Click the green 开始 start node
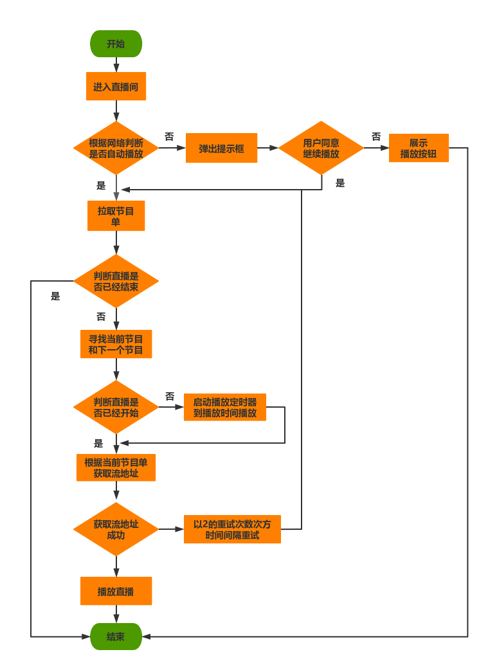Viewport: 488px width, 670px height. [x=116, y=44]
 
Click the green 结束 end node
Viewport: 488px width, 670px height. [x=116, y=637]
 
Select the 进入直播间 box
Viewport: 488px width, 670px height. [x=116, y=87]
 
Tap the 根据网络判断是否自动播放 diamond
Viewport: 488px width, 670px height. [x=116, y=149]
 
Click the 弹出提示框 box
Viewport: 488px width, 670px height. [x=222, y=149]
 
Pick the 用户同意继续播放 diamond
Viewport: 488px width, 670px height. [x=321, y=149]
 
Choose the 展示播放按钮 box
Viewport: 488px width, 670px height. [x=419, y=149]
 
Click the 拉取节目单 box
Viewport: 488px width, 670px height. [x=116, y=216]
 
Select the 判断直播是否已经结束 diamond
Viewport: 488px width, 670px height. [x=116, y=281]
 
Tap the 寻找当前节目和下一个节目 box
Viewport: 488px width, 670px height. [x=116, y=345]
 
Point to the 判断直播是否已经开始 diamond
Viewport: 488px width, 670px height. [x=116, y=407]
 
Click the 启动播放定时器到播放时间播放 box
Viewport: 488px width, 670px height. [x=225, y=407]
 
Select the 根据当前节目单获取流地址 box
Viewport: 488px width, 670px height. [x=116, y=467]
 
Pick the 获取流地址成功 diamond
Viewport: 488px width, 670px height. [x=116, y=529]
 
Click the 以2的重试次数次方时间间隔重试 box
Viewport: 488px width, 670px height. [x=233, y=529]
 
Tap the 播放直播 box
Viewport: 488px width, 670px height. [x=116, y=591]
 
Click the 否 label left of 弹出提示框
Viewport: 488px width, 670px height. [x=169, y=137]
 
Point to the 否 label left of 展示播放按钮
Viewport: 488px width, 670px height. [x=376, y=137]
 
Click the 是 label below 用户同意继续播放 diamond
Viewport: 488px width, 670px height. [x=340, y=183]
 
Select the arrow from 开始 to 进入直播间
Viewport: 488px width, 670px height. [x=116, y=65]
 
